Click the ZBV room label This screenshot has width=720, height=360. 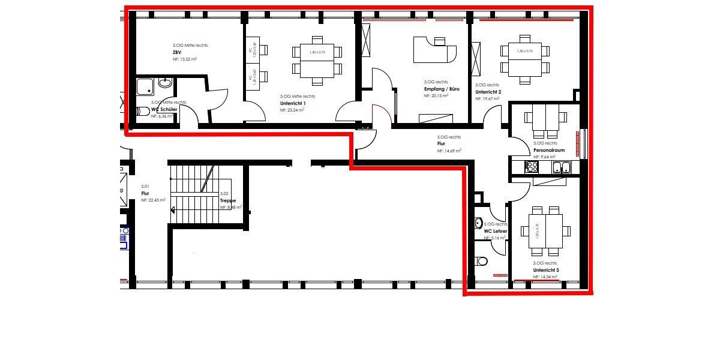click(x=176, y=53)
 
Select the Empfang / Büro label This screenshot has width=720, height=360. click(x=442, y=89)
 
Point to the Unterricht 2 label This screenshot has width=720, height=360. click(x=488, y=92)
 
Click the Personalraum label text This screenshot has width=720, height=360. click(x=549, y=150)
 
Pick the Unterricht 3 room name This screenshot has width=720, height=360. click(x=545, y=270)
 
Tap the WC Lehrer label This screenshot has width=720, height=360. click(x=496, y=231)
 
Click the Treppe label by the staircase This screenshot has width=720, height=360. click(x=228, y=200)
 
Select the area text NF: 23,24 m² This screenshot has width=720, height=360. click(x=292, y=110)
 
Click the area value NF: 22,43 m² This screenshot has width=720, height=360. click(x=154, y=200)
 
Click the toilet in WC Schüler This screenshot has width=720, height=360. click(x=143, y=111)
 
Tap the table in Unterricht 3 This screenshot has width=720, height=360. click(x=545, y=231)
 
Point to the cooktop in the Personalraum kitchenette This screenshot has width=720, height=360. click(x=532, y=167)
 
